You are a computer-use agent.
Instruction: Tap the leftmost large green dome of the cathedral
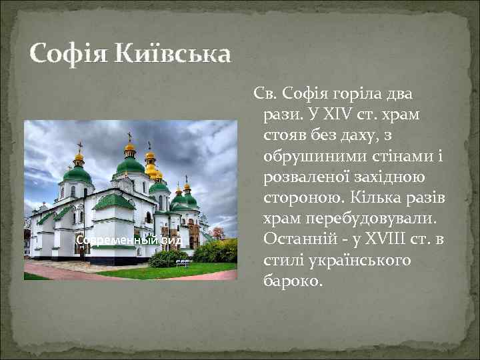pyautogui.click(x=78, y=175)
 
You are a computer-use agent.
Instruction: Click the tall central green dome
pyautogui.click(x=130, y=164)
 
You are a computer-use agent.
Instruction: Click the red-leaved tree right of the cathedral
pyautogui.click(x=218, y=233)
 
